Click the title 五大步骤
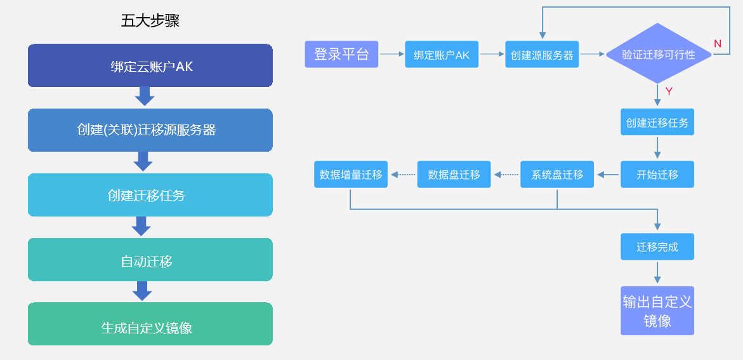tap(150, 21)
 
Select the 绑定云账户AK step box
tap(150, 65)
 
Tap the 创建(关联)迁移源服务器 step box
tap(150, 130)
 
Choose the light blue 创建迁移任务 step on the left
tap(150, 195)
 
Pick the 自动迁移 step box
tap(150, 260)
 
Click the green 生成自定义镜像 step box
tap(150, 324)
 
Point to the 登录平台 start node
tap(341, 54)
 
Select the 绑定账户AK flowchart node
tap(442, 54)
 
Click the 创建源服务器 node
tap(542, 54)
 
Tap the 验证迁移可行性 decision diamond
tap(659, 54)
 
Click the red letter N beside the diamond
tap(718, 44)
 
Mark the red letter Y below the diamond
tap(669, 91)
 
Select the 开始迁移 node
tap(657, 175)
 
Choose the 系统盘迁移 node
tap(557, 175)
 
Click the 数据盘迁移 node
tap(454, 175)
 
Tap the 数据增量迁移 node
tap(351, 175)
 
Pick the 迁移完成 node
tap(657, 246)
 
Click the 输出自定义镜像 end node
tap(657, 310)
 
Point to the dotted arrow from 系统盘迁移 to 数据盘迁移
tap(506, 175)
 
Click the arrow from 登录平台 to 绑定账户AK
tap(392, 54)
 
